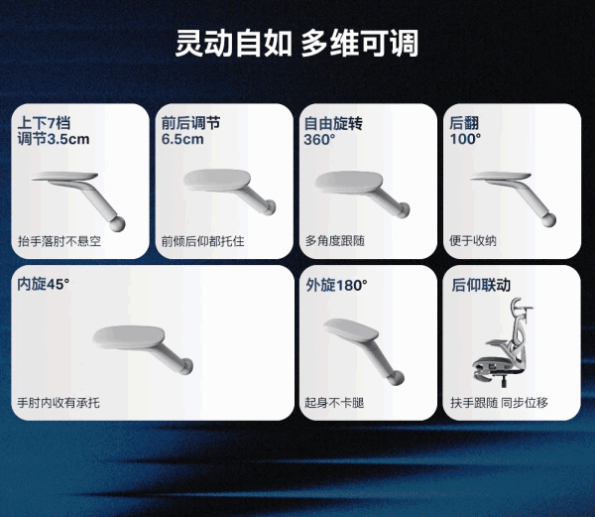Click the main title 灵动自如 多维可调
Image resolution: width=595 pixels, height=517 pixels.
coord(297,43)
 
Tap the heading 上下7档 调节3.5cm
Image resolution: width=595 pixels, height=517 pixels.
coord(54,131)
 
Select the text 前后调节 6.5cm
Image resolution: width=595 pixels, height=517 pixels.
coord(190,131)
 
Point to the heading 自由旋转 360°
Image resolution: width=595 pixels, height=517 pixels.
coord(333,131)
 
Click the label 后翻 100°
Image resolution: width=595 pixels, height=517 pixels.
coord(465,131)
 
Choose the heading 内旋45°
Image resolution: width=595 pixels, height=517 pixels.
coord(44,284)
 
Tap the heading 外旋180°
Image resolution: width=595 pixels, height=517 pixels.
coord(336,285)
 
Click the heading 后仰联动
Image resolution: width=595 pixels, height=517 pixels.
coord(481,285)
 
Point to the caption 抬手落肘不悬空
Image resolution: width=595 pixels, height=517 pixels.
coord(59,241)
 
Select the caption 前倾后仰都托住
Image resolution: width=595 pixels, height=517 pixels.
coord(202,241)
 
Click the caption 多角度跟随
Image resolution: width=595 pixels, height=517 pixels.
coord(335,241)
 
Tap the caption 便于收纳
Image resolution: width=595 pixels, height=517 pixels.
coord(473,240)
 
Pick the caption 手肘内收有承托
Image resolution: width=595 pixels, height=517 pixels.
coord(59,402)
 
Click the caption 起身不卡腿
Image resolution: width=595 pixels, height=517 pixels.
coord(334,402)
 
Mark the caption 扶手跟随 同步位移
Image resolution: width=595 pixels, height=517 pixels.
coord(500,402)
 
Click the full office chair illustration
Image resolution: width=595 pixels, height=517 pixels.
coord(502,341)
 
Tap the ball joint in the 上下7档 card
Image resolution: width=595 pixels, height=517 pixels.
coord(117,223)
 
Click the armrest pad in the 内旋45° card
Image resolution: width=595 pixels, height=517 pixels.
coord(129,337)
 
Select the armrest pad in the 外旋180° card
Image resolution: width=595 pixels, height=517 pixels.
coord(351,329)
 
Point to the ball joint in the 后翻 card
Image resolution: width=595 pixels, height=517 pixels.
coord(548,220)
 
